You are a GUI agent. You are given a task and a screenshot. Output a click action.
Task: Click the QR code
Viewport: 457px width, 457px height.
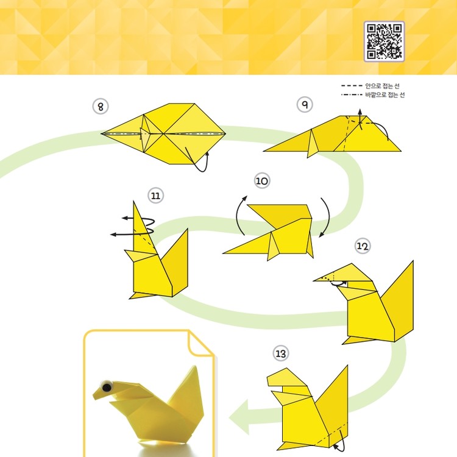[384, 41]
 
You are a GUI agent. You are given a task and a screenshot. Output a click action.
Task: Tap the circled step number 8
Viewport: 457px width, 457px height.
[101, 107]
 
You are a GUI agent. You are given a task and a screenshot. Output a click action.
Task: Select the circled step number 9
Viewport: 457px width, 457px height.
[305, 105]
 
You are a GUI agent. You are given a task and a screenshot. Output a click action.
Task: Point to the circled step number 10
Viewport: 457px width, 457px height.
[262, 181]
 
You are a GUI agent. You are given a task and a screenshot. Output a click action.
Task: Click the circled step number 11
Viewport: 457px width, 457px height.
[155, 196]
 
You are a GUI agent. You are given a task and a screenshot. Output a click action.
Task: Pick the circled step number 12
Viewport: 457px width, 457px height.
[363, 246]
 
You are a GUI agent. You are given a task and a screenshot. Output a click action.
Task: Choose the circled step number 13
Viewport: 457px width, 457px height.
[280, 353]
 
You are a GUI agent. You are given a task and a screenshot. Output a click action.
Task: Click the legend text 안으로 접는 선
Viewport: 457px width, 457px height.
[382, 86]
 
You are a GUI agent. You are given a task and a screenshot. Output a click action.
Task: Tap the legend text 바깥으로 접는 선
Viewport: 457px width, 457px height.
[384, 94]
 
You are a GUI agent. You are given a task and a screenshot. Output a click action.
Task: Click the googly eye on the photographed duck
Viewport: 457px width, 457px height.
[107, 387]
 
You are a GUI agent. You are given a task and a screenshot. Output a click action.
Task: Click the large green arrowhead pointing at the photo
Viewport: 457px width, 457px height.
[239, 417]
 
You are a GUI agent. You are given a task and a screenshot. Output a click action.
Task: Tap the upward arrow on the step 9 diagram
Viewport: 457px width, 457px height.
[360, 116]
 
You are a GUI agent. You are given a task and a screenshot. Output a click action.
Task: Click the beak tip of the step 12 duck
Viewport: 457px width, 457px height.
[314, 281]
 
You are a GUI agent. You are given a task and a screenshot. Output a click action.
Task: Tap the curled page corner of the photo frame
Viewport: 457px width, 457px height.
[201, 343]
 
